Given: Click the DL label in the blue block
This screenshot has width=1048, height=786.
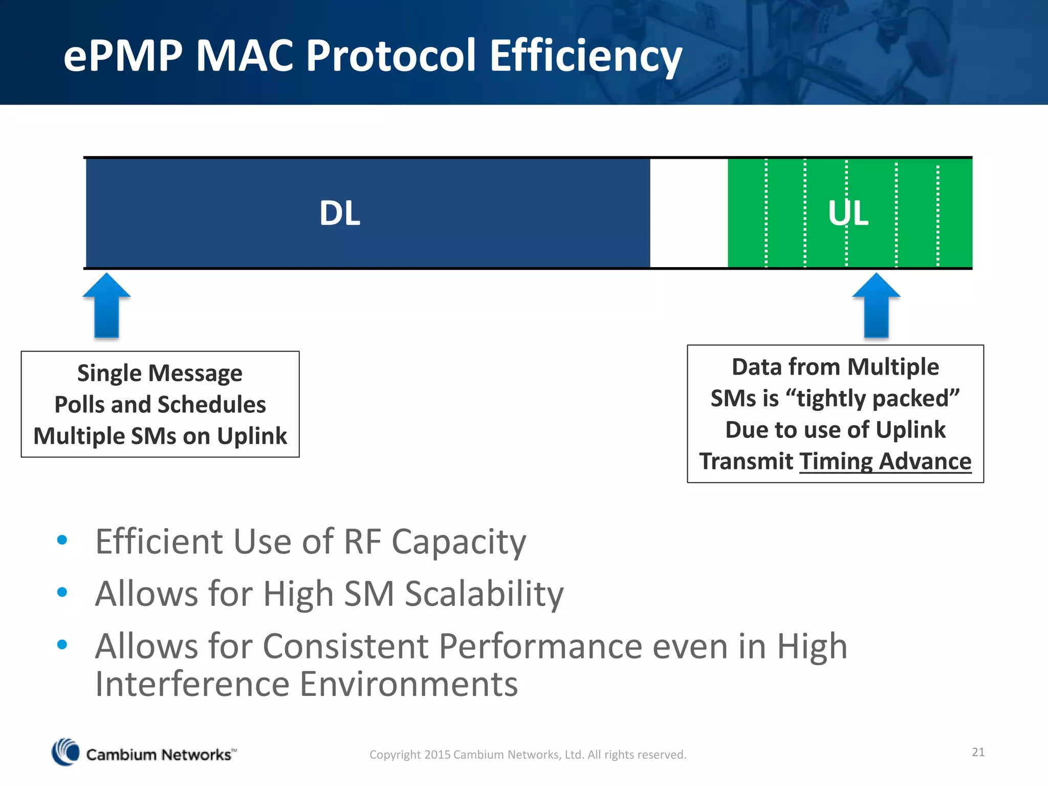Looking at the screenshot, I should (x=340, y=213).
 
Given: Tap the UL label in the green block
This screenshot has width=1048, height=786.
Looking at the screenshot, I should (x=848, y=213).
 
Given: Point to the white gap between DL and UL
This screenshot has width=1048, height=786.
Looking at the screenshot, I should (x=689, y=213).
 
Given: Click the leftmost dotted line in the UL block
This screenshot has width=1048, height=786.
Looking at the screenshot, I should (x=766, y=213).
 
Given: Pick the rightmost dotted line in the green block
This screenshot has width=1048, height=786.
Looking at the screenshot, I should (x=937, y=213).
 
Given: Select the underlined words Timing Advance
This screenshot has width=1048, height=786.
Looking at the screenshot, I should (x=885, y=462).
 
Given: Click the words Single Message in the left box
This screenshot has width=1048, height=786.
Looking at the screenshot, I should (x=160, y=373).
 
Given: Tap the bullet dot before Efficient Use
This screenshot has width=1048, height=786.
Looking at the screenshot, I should (x=62, y=540).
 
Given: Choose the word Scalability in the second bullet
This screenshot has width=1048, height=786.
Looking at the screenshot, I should (x=484, y=594).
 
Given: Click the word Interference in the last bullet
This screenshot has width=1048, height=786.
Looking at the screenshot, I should (x=192, y=684).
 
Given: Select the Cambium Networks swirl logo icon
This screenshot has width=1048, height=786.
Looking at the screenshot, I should (x=65, y=752).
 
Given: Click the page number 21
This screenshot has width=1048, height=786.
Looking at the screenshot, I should (x=978, y=752).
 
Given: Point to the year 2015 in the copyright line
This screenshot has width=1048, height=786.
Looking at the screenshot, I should (x=438, y=755).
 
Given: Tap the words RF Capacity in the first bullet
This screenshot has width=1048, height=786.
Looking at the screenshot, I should (x=435, y=541).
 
